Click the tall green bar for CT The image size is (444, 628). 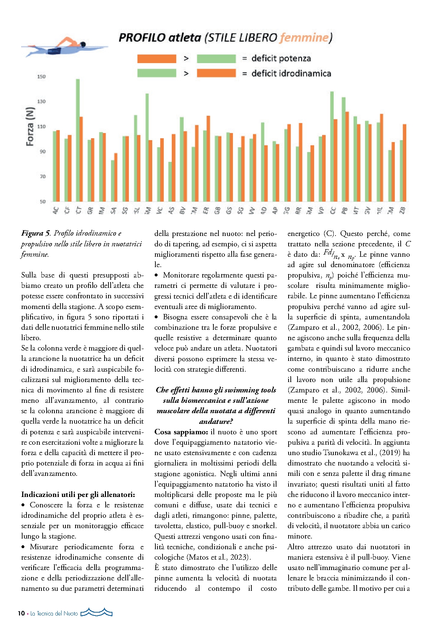pos(78,140)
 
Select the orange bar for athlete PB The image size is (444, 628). pos(347,156)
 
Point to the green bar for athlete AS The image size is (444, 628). pos(170,182)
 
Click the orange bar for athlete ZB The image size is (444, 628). pos(405,163)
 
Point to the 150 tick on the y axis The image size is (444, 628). pos(42,77)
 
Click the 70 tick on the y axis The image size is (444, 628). pos(43,177)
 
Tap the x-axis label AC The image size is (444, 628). pos(56,211)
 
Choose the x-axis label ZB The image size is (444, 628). pos(402,211)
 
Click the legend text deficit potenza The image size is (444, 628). pos(281,58)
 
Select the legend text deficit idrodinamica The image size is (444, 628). pos(291,73)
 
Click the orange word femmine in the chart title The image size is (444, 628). pos(304,38)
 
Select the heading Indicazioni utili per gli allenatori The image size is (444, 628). pos(78,494)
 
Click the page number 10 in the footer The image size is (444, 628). pos(21,613)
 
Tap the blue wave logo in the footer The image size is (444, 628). pos(97,613)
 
